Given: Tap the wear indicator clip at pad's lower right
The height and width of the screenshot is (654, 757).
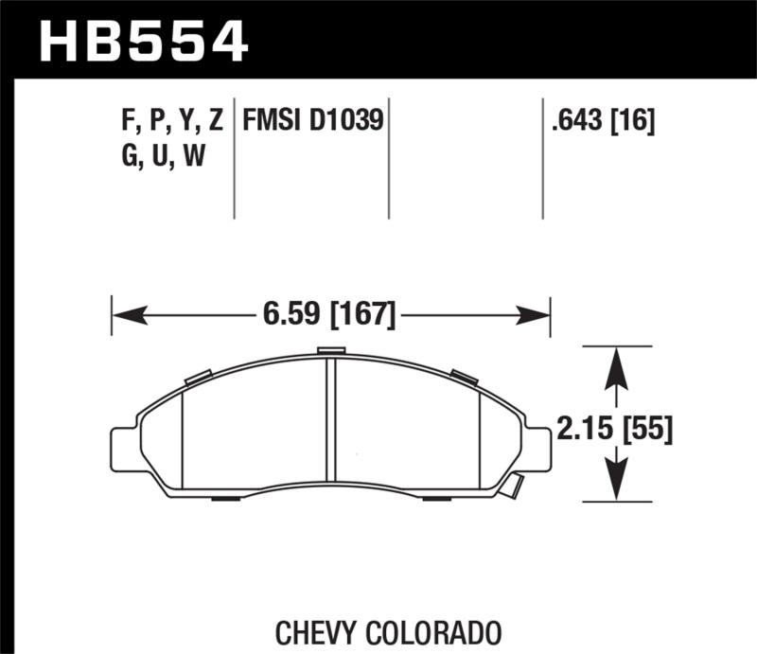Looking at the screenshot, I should point(512,486).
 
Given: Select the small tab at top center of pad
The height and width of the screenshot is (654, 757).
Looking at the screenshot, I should point(331,351).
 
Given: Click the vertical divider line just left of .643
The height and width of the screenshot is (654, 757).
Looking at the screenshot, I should point(543,157).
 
